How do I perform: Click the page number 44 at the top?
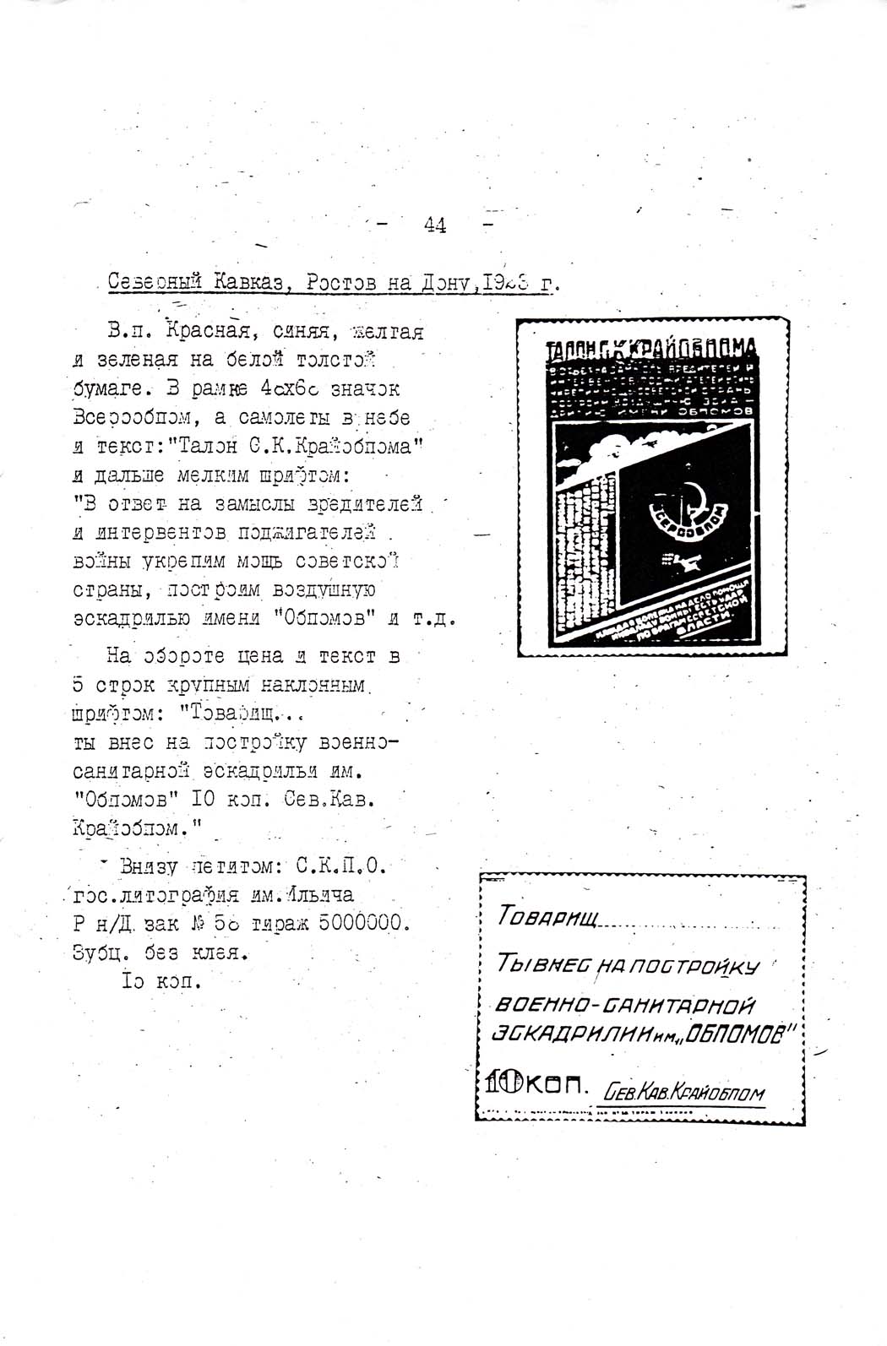coord(436,225)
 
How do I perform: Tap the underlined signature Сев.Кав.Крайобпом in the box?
coord(684,1094)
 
